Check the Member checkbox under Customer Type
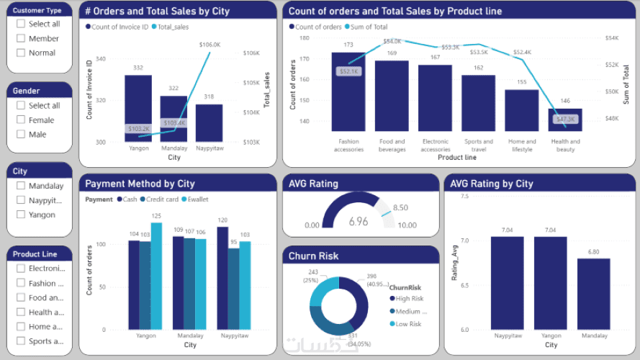(x=21, y=38)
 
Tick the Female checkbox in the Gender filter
(x=21, y=120)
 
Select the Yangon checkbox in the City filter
(x=21, y=215)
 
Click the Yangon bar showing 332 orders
(x=138, y=108)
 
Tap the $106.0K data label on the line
(x=209, y=45)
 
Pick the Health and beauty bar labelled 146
(x=565, y=120)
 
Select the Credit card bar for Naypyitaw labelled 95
(x=233, y=289)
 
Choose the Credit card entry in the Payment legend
(x=161, y=199)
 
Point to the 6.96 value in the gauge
(x=359, y=222)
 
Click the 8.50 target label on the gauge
(x=401, y=208)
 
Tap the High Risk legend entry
(x=409, y=298)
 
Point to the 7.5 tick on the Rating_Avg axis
(x=464, y=196)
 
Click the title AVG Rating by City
(x=491, y=184)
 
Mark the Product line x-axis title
(x=456, y=157)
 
